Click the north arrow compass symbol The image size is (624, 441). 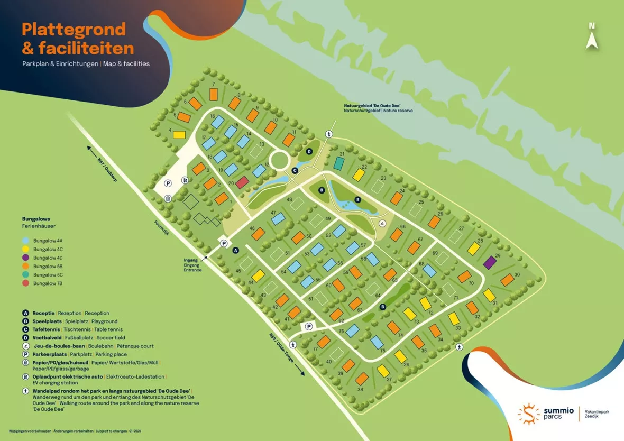592,36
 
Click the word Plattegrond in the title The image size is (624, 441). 74,30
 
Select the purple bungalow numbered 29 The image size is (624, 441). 490,262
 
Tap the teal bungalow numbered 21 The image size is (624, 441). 338,163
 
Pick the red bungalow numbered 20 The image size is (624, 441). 242,182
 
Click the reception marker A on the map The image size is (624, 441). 236,250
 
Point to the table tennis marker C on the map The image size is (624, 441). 295,170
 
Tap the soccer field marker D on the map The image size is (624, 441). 310,151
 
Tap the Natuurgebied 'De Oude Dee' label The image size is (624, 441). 375,106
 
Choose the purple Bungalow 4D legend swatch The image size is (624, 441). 26,258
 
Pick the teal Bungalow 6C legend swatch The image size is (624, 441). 26,275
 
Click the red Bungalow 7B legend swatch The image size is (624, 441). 26,283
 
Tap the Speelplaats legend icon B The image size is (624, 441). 25,321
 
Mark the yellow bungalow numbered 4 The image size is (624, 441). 179,134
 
